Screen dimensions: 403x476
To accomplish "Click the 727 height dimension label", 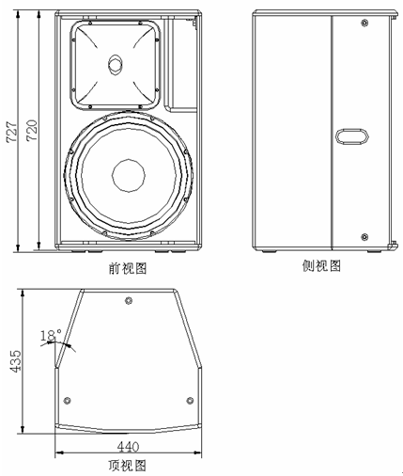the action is point(12,132).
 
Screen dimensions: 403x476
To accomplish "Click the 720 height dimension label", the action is point(32,130).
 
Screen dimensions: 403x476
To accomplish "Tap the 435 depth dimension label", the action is point(15,361).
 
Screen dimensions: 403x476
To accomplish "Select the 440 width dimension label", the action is point(128,447).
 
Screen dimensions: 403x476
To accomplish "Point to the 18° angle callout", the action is point(51,336).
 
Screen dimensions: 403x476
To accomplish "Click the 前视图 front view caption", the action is point(128,268).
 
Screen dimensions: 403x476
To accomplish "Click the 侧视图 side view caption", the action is point(321,266).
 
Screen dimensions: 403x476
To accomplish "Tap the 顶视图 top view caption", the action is point(128,466).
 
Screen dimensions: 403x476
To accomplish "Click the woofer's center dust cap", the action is point(129,175).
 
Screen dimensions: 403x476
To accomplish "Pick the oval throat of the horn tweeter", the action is point(116,65).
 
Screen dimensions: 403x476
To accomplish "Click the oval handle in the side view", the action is point(352,136).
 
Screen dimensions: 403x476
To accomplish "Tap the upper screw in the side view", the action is point(364,23).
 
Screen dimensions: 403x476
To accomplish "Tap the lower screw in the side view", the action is point(364,237).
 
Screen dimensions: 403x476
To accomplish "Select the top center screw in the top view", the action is point(129,301).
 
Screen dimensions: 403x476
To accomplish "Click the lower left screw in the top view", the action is point(67,401).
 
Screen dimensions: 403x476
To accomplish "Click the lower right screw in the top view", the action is point(190,401).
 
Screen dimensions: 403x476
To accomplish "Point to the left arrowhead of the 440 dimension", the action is point(59,452).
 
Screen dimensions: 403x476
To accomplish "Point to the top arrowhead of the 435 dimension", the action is point(23,293).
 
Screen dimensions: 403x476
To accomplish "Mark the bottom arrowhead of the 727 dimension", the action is point(18,247).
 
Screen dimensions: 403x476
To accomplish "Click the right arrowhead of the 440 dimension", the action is point(197,452).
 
